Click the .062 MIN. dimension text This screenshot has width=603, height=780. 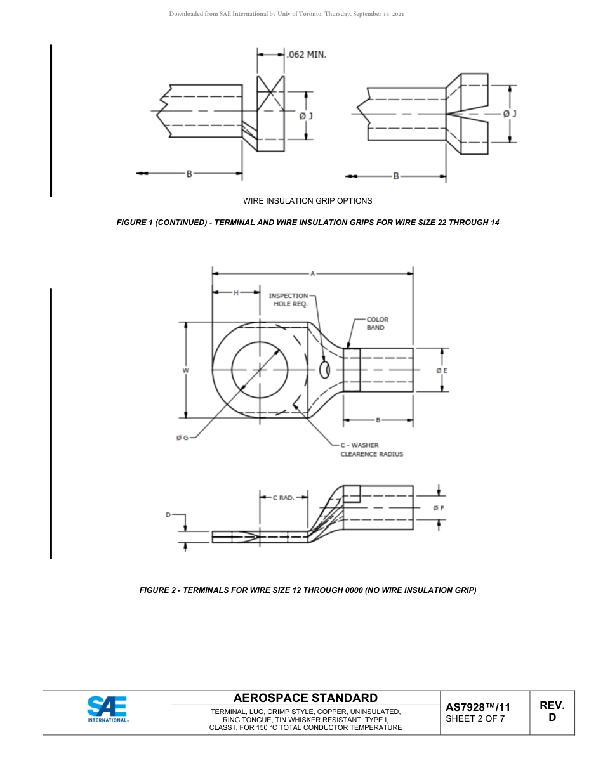[x=307, y=55]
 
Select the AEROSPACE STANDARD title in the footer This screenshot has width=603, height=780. [x=305, y=698]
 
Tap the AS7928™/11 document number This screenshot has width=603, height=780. [x=478, y=707]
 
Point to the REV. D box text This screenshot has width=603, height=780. [x=552, y=712]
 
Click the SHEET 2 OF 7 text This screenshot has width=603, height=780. [x=475, y=718]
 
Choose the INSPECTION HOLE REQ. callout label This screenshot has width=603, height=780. [x=289, y=300]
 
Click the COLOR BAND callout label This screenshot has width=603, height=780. [x=377, y=323]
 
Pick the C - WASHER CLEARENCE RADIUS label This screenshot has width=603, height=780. [x=371, y=450]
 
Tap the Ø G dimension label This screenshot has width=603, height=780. [x=182, y=438]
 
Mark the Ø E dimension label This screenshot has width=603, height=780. [x=442, y=370]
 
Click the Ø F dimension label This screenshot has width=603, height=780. [x=439, y=508]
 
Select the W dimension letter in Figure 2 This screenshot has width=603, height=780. [x=185, y=370]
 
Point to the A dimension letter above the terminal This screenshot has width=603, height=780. [x=312, y=273]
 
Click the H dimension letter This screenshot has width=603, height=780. [x=236, y=292]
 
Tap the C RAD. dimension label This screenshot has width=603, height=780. [x=283, y=498]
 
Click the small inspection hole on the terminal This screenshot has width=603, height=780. [x=325, y=370]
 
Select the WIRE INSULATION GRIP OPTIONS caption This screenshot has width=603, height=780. [x=308, y=201]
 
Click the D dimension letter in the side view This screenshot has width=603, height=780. [x=168, y=515]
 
